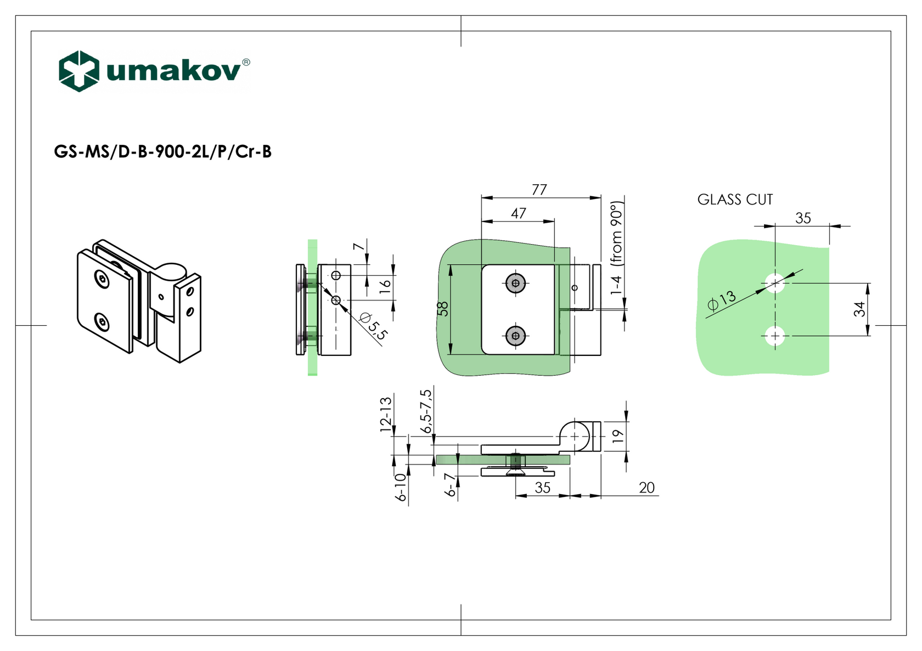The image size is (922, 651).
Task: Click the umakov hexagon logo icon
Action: click(x=79, y=71)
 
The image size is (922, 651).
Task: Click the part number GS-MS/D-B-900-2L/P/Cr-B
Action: click(x=162, y=151)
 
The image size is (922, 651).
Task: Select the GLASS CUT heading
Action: click(x=735, y=200)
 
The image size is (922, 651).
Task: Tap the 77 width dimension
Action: click(x=539, y=190)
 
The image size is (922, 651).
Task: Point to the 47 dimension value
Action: click(x=519, y=213)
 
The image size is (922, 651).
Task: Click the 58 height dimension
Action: click(x=443, y=309)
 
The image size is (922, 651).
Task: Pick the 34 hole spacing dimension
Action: click(x=859, y=309)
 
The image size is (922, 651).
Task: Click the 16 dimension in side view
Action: click(x=385, y=284)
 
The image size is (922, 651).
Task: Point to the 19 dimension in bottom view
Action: click(x=618, y=437)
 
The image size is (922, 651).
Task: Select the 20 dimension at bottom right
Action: click(x=647, y=488)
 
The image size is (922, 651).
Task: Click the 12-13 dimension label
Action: click(x=386, y=415)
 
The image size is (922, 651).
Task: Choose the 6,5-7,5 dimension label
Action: click(x=426, y=411)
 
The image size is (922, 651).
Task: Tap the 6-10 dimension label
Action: click(x=401, y=487)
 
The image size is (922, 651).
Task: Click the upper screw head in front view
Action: click(x=515, y=284)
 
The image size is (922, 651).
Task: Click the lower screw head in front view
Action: click(x=515, y=336)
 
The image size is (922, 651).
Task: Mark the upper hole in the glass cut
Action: click(x=775, y=283)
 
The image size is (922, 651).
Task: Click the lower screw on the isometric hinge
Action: click(x=102, y=322)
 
